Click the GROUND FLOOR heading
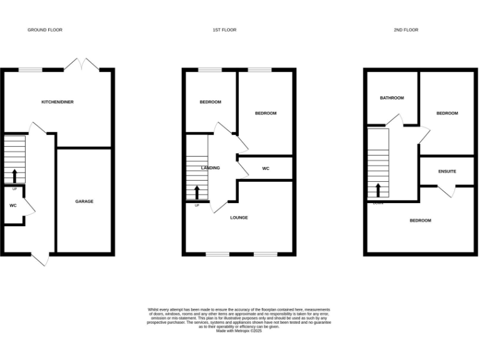[x=45, y=30]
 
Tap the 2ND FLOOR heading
[x=406, y=30]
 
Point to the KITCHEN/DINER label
[x=57, y=102]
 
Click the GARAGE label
[x=84, y=201]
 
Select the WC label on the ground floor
[x=12, y=206]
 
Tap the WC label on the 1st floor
[x=266, y=169]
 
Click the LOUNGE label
[x=239, y=217]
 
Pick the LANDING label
[x=210, y=168]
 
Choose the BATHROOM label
[x=392, y=98]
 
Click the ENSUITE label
[x=447, y=171]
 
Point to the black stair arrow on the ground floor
[x=14, y=175]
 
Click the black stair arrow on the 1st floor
[x=197, y=191]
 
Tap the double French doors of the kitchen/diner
[x=82, y=65]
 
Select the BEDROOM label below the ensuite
[x=420, y=221]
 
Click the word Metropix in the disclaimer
[x=244, y=331]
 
